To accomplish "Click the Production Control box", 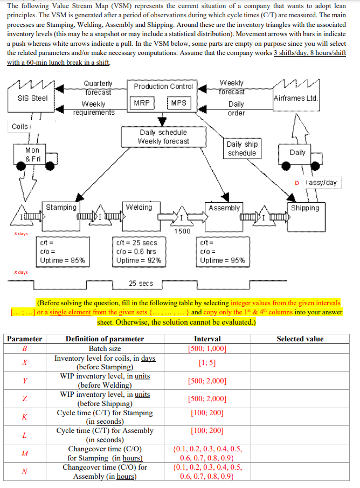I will [163, 86].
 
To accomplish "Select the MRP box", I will [143, 102].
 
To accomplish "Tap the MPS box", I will [181, 102].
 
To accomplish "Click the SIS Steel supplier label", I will [32, 98].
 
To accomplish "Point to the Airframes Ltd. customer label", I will [296, 98].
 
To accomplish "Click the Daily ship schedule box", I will [242, 148].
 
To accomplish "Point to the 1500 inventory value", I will [182, 231].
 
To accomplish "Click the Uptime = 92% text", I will [139, 260].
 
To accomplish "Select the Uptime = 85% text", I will [63, 260].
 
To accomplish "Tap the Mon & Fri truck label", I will [32, 155].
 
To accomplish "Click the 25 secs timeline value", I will [141, 283].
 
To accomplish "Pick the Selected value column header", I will [300, 339].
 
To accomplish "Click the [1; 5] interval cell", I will [207, 363].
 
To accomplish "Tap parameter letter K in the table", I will [24, 417].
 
